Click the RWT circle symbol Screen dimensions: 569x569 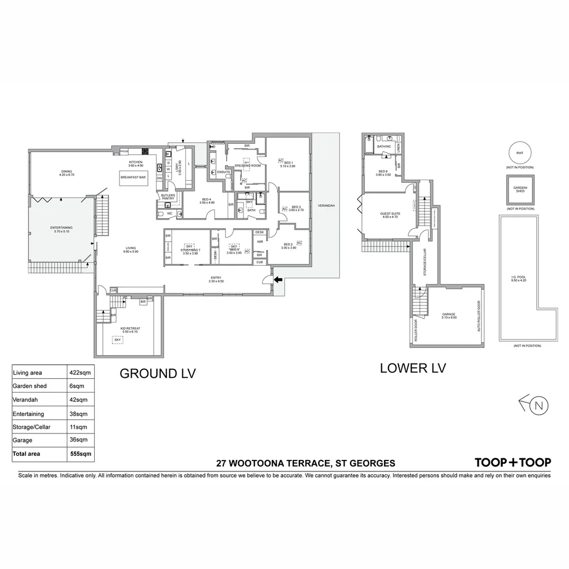pyautogui.click(x=520, y=153)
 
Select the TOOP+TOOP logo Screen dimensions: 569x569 pyautogui.click(x=513, y=463)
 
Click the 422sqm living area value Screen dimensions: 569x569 pyautogui.click(x=80, y=372)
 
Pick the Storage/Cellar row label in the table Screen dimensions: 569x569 pyautogui.click(x=31, y=427)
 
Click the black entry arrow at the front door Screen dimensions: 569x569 pyautogui.click(x=278, y=280)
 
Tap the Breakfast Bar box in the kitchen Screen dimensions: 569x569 pyautogui.click(x=133, y=178)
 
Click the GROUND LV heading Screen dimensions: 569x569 pyautogui.click(x=158, y=374)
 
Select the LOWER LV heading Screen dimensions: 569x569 pyautogui.click(x=413, y=368)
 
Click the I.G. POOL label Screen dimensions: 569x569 pyautogui.click(x=519, y=277)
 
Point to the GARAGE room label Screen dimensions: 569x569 pyautogui.click(x=448, y=315)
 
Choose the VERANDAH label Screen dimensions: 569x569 pyautogui.click(x=326, y=205)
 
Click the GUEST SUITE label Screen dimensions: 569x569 pyautogui.click(x=389, y=214)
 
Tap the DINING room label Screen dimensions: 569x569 pyautogui.click(x=67, y=172)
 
